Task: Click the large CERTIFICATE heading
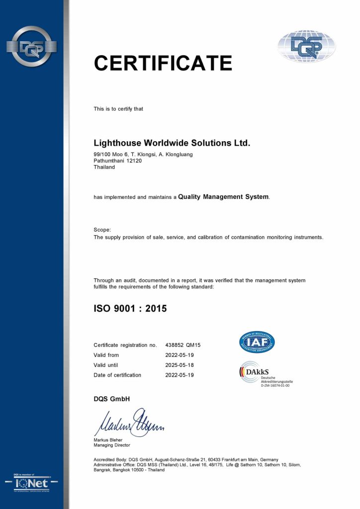tap(163, 63)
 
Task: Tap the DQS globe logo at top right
tap(306, 46)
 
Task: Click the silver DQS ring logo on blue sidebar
tap(31, 47)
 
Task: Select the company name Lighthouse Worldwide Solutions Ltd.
tap(172, 143)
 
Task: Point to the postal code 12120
tap(135, 161)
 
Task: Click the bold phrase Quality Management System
tap(224, 197)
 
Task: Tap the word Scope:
tap(102, 230)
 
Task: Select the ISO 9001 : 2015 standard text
tap(130, 308)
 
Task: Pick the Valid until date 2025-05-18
tap(180, 365)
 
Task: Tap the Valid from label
tap(106, 355)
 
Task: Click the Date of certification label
tap(117, 375)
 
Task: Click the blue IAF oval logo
tap(257, 341)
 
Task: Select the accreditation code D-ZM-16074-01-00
tap(275, 385)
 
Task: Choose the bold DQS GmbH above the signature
tap(112, 399)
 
